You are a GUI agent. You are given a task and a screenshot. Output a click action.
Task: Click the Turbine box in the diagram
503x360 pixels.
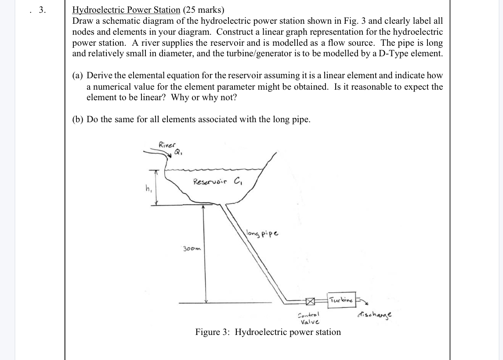(341, 300)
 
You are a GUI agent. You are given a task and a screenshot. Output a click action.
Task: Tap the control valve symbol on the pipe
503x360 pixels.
(311, 302)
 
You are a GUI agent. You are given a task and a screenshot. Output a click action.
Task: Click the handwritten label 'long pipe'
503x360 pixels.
(262, 233)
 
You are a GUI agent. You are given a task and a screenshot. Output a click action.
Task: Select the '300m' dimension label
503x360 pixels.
(192, 248)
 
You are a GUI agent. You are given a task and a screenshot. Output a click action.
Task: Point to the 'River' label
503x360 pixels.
(167, 144)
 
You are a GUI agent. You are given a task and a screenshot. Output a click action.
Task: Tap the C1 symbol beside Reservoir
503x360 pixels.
(238, 180)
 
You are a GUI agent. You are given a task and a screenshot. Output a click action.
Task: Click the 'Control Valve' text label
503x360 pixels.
(309, 318)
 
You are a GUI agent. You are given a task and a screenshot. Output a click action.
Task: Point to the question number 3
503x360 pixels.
(42, 10)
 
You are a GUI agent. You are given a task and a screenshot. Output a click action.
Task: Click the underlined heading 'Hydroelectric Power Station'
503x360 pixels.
(126, 10)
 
